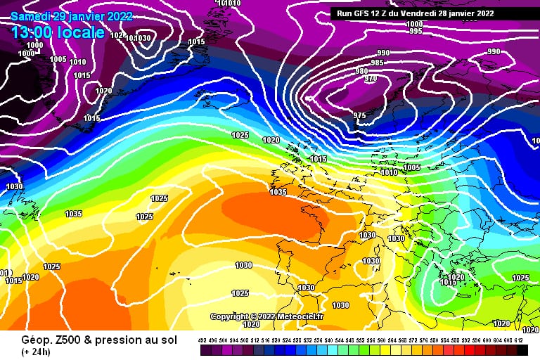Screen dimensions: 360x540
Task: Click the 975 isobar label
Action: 359,115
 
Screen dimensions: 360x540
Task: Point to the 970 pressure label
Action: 371,78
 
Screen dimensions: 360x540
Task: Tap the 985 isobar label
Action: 377,63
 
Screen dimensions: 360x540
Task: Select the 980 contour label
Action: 361,71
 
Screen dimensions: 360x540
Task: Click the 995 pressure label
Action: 415,31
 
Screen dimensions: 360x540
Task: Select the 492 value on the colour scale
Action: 202,340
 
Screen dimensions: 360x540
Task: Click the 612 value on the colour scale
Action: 518,340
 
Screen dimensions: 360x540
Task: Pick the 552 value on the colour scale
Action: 360,340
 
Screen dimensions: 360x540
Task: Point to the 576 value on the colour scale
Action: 423,340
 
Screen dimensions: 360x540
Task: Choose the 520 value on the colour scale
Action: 276,340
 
